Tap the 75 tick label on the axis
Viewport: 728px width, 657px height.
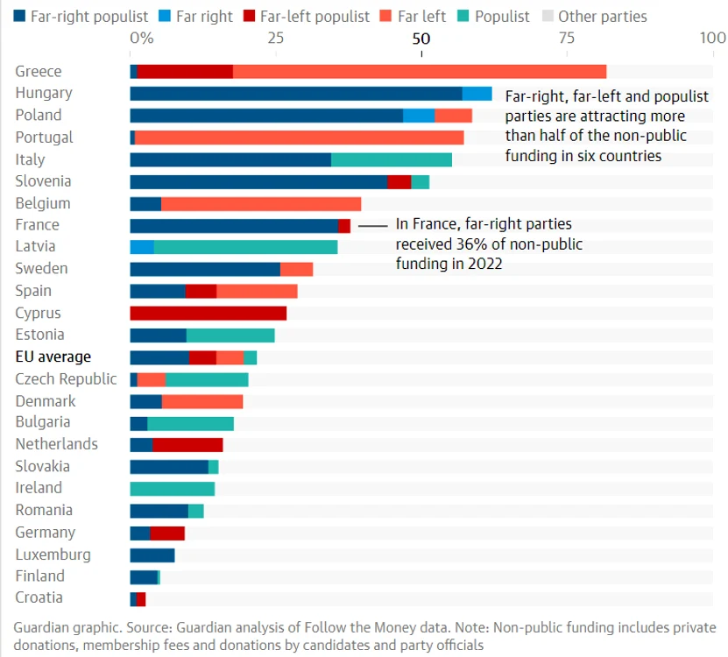(x=567, y=38)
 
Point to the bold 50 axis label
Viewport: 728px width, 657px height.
(x=421, y=38)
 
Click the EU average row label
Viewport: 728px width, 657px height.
(x=53, y=357)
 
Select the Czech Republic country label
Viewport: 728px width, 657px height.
(x=66, y=379)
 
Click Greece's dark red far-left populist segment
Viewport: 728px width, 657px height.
(x=185, y=72)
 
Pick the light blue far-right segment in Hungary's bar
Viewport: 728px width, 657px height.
(x=477, y=94)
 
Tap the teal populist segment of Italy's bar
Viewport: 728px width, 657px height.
(x=392, y=159)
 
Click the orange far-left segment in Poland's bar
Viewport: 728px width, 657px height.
(x=453, y=116)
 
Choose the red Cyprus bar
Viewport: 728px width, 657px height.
(x=208, y=313)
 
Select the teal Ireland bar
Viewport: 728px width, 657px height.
(x=173, y=489)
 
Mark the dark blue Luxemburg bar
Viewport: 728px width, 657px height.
(x=152, y=555)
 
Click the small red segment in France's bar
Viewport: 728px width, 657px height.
(x=344, y=226)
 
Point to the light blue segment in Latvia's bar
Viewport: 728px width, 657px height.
(x=142, y=247)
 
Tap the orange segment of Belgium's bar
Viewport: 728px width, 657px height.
(x=261, y=204)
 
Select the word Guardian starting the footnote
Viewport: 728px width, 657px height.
(x=40, y=628)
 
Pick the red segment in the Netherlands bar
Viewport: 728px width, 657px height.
(x=187, y=445)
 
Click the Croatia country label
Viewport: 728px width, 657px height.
(x=39, y=597)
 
